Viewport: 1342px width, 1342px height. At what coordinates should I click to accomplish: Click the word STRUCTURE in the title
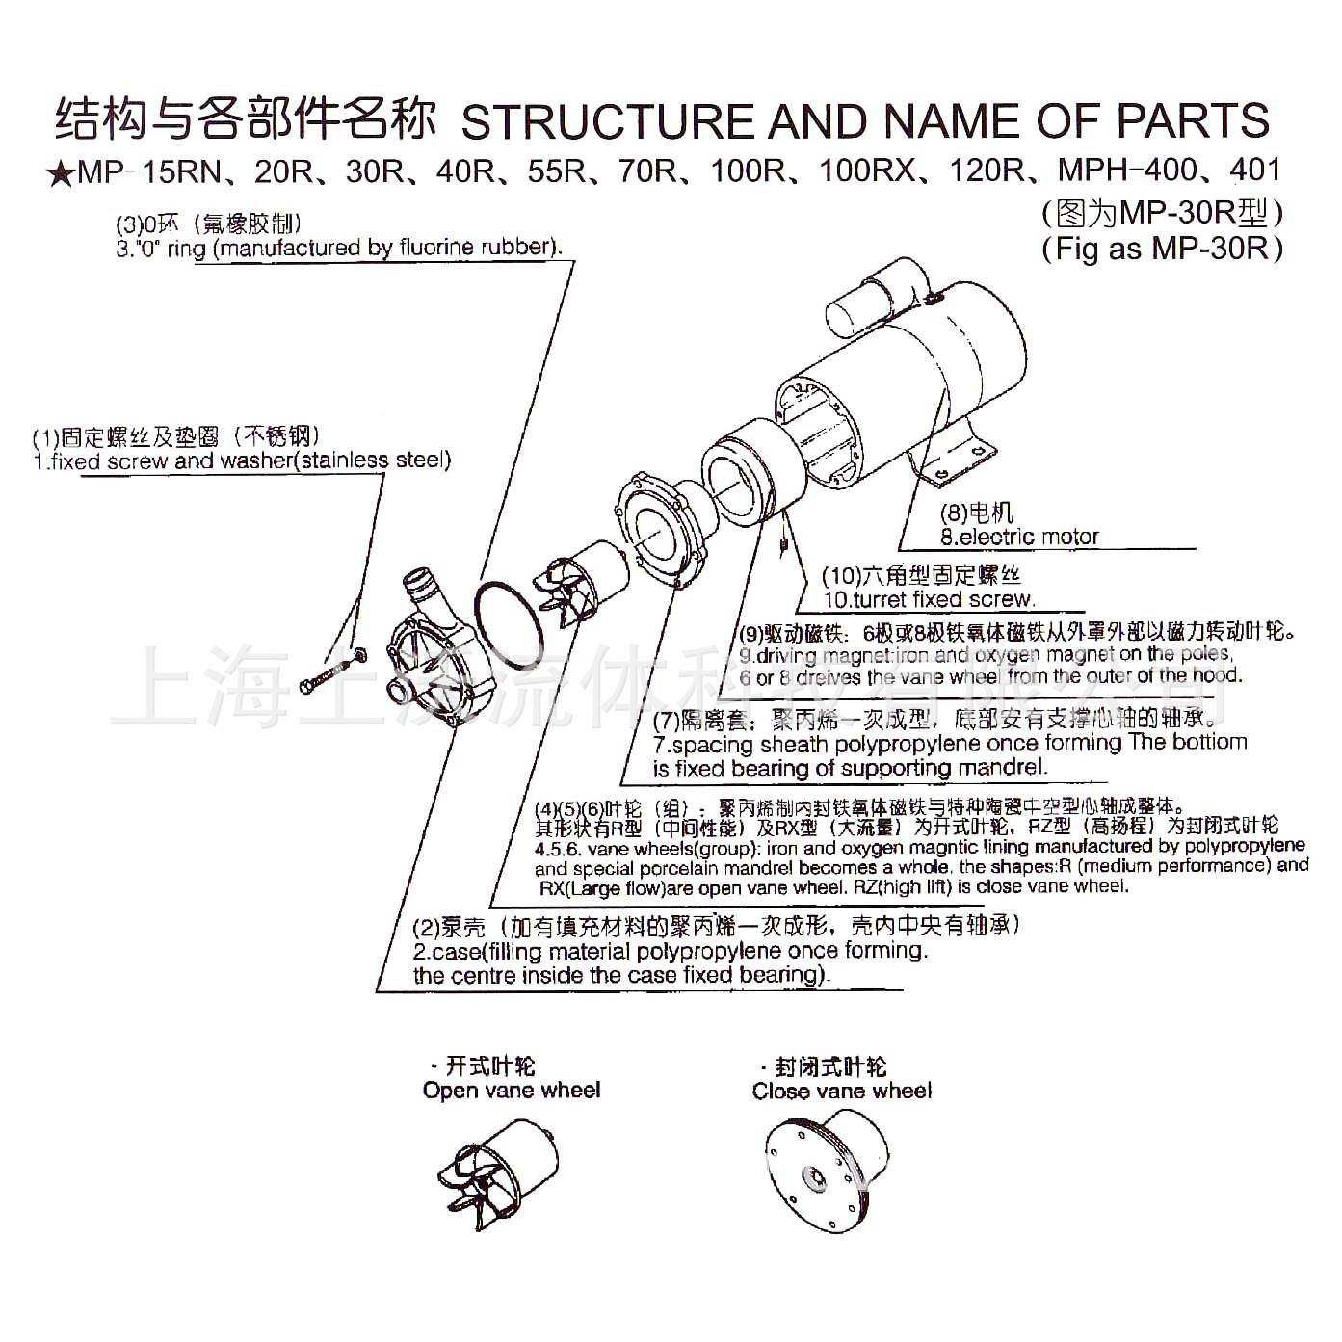coord(605,121)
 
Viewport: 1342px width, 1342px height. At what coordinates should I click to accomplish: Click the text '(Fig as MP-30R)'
coord(1162,249)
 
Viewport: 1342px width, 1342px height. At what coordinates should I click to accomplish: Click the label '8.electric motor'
coord(1019,537)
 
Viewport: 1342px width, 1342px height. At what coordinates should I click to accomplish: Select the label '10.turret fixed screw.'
coord(929,599)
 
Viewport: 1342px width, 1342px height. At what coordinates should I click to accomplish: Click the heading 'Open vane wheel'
coord(511,1091)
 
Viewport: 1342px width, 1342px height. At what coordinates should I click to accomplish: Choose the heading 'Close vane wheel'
coord(841,1091)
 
